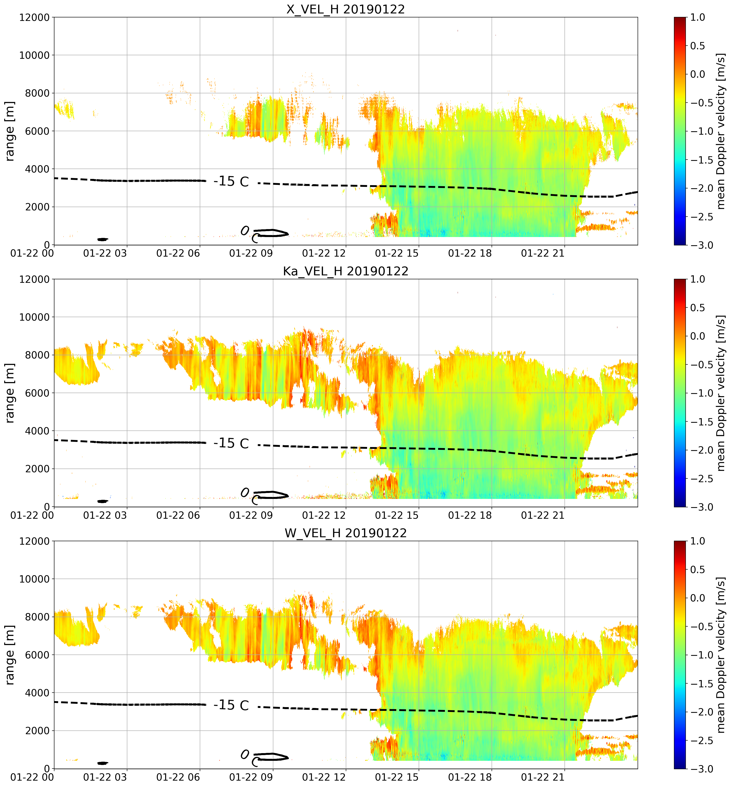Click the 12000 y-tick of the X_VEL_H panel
[34, 17]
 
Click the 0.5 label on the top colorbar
[698, 46]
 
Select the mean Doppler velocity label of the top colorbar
[721, 131]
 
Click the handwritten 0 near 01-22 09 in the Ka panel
[245, 493]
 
